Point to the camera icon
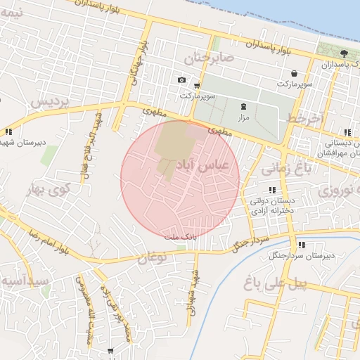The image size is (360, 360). [x=182, y=80]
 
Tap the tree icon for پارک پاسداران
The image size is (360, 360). [x=343, y=53]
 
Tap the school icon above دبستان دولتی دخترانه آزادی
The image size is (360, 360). [x=272, y=190]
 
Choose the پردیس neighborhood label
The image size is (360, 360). [x=49, y=103]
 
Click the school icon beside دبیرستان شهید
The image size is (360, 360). [x=8, y=131]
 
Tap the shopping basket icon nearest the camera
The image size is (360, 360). [x=196, y=85]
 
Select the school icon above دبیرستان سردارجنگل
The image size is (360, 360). [x=302, y=245]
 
